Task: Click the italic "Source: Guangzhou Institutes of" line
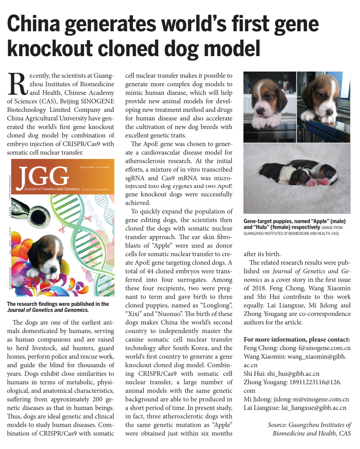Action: pyautogui.click(x=309, y=425)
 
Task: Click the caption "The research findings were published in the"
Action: pyautogui.click(x=58, y=304)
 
